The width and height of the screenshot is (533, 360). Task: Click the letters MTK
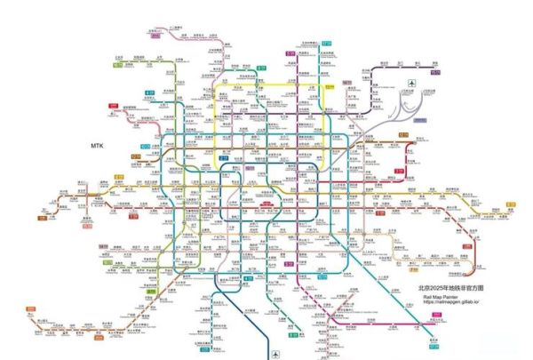98,144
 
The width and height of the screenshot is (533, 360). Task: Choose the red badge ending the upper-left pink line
114,105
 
